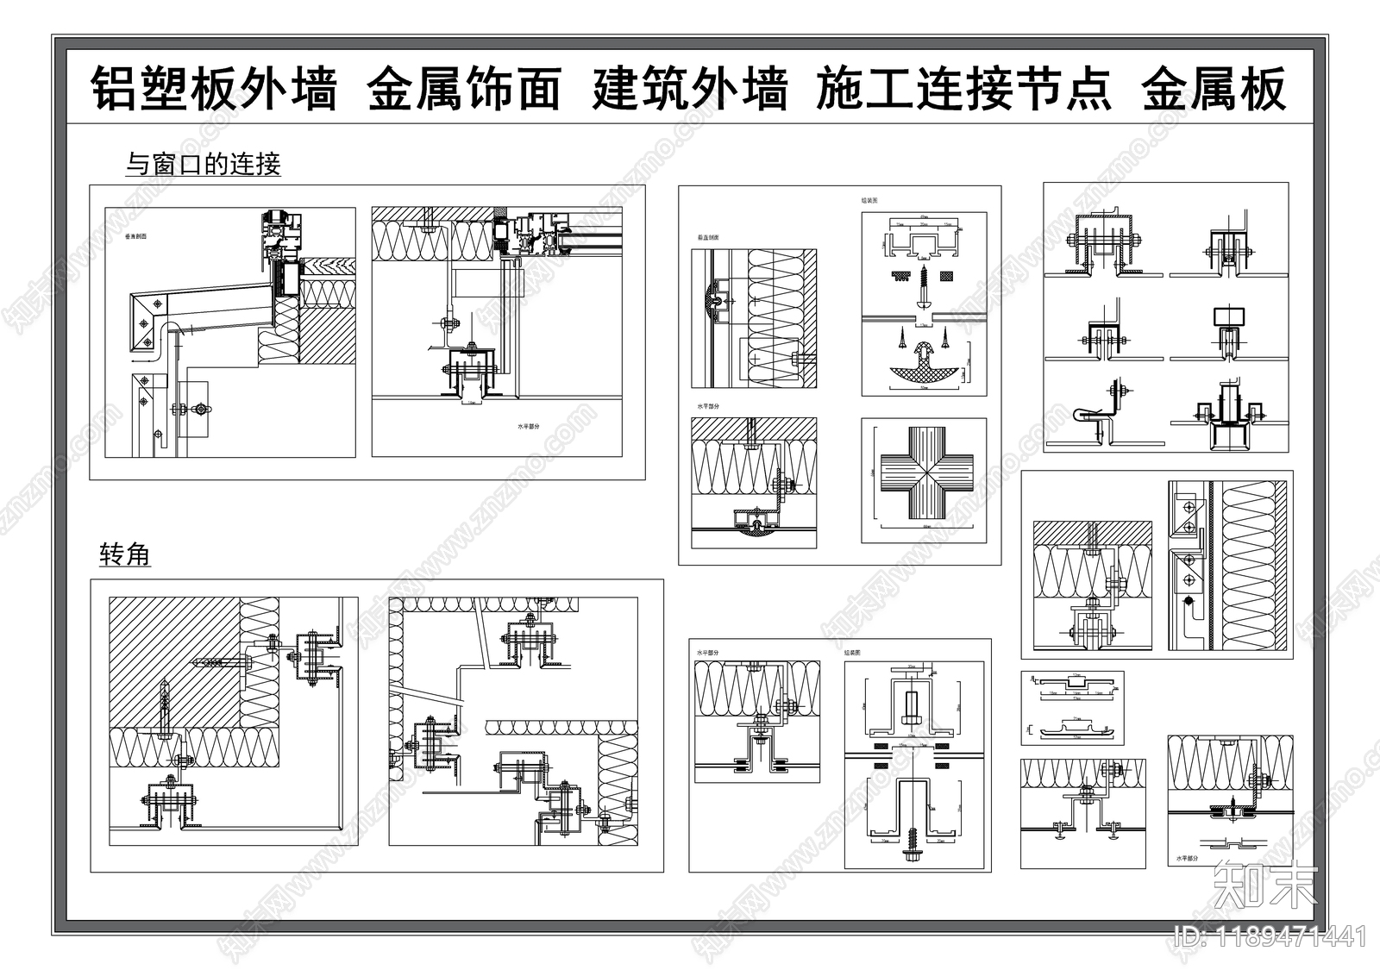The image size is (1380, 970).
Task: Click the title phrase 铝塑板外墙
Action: [214, 89]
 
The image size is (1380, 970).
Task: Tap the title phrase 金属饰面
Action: [464, 89]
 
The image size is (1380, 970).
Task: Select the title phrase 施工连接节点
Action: [963, 89]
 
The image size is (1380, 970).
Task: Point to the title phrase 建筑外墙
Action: [689, 89]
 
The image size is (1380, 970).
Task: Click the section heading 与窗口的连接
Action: [204, 164]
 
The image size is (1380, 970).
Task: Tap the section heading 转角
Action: [125, 554]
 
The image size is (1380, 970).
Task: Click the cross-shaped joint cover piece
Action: [924, 481]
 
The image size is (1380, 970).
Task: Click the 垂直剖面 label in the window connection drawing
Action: [135, 235]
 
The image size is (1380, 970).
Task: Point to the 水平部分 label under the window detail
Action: [528, 427]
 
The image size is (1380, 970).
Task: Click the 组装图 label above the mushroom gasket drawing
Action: [869, 200]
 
